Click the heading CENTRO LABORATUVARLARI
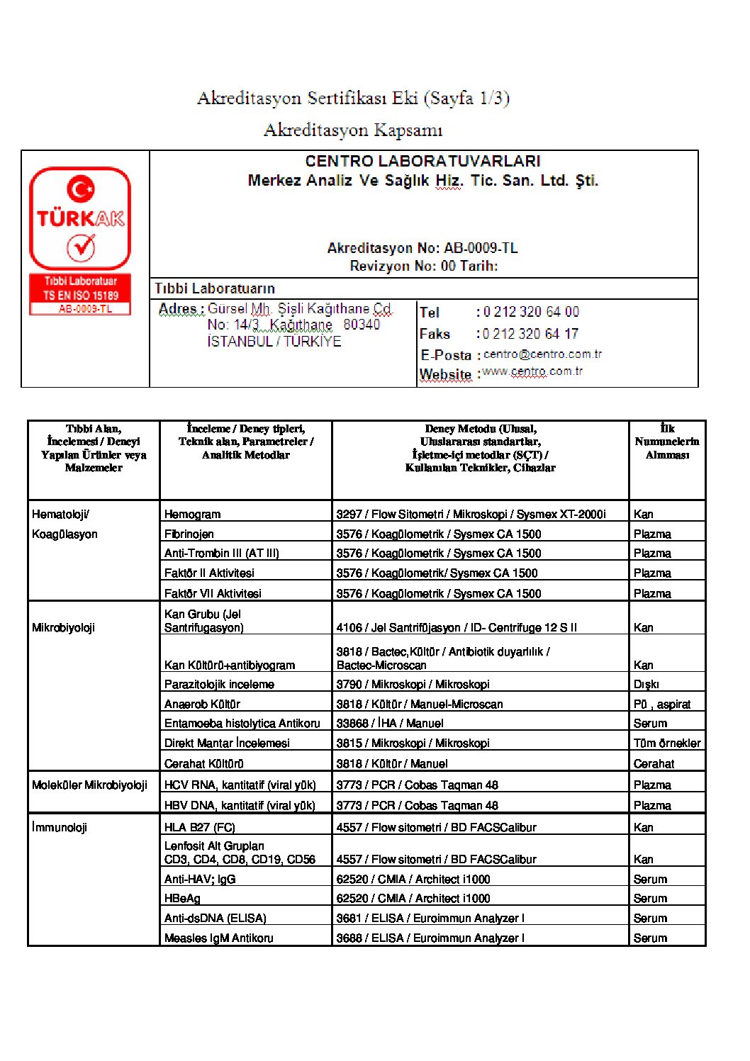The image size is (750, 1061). coord(422,162)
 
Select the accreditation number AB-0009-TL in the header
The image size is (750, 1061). coord(481,248)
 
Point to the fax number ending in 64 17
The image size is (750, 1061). coord(531,334)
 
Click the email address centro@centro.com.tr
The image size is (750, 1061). coord(542,354)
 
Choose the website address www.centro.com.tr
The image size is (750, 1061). coord(532,371)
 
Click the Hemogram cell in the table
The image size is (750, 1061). coord(192,515)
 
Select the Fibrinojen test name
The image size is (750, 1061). coord(189,534)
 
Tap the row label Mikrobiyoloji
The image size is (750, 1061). coord(63,628)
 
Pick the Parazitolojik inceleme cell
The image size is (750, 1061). coord(219,685)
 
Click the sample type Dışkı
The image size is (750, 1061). coord(646,685)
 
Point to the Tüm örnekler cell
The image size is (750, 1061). coord(667,743)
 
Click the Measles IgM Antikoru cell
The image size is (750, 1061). coord(218,938)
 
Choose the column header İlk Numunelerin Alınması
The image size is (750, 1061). coord(667,442)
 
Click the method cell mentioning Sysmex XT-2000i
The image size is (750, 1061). coord(471,515)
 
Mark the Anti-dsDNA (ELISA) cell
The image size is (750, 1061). coord(215,919)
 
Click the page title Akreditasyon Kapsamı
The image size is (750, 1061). coord(353,130)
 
